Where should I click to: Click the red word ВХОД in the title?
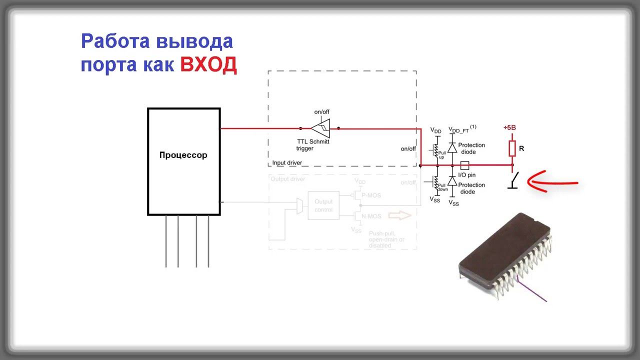tap(208, 64)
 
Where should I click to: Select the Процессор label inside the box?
tap(183, 155)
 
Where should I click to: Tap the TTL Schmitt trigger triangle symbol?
tap(320, 128)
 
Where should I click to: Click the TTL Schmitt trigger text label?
tap(313, 144)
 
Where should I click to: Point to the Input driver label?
tap(287, 163)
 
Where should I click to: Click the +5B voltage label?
tap(509, 127)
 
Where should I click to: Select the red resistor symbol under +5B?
tap(512, 148)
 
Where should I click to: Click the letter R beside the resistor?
tap(522, 148)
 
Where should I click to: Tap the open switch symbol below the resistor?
tap(513, 180)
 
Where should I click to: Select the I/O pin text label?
tap(466, 175)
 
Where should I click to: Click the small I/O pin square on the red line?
tap(464, 165)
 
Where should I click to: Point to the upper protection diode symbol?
tap(452, 147)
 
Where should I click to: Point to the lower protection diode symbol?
tap(452, 181)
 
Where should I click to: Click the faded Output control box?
tap(323, 205)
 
